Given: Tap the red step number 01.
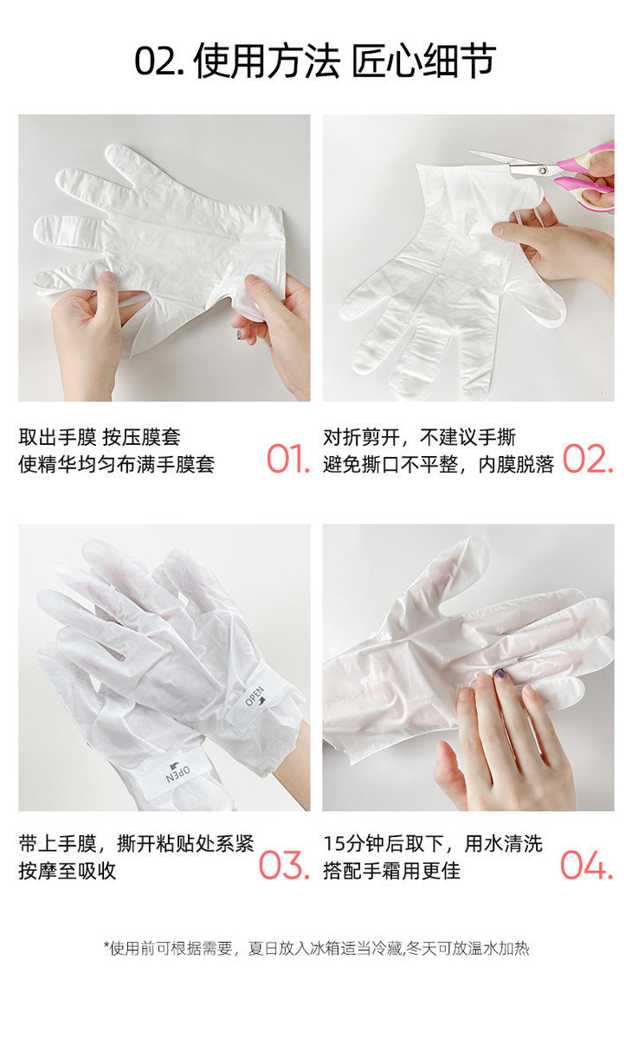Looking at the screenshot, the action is click(288, 459).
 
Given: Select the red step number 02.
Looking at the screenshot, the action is click(588, 459).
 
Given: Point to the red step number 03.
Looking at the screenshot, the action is click(284, 865).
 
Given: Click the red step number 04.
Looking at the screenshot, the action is click(587, 865).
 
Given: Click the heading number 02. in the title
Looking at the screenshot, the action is click(158, 61).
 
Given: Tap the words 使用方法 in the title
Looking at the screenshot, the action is click(267, 61).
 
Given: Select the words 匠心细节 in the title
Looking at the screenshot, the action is click(423, 61).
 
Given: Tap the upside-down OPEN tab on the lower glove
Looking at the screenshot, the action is click(177, 773).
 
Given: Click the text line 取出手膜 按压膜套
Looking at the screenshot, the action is click(100, 437).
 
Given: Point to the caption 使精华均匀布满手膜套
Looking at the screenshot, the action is click(117, 464).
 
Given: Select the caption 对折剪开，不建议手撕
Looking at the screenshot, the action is click(420, 437).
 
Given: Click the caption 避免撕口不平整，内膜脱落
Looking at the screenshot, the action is click(439, 464).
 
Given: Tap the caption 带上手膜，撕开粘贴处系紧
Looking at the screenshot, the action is click(136, 843).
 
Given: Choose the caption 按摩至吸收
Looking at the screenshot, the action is click(68, 870).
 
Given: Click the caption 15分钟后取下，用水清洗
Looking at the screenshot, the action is click(433, 843).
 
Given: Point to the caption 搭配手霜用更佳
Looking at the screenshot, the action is click(392, 870).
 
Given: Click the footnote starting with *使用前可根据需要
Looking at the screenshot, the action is click(316, 949).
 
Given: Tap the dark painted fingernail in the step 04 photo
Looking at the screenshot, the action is click(500, 676).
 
